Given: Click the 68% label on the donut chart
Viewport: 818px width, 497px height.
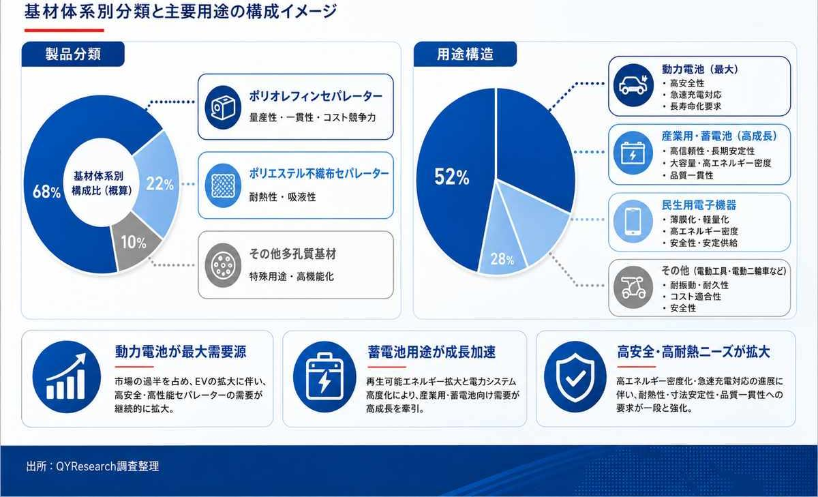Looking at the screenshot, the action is click(x=47, y=192).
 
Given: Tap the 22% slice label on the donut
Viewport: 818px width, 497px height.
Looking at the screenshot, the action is click(x=160, y=183).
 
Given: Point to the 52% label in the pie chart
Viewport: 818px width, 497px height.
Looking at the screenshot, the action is click(x=452, y=177).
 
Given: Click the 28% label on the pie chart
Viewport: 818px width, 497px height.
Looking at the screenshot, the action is click(x=502, y=259).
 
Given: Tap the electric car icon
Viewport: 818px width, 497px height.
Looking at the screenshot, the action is click(x=633, y=85).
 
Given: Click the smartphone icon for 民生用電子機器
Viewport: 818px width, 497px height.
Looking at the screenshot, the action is click(x=633, y=222).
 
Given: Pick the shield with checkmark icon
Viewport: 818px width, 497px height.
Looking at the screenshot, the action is click(x=575, y=377).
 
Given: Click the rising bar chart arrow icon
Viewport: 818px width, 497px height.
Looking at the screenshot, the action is click(x=67, y=377).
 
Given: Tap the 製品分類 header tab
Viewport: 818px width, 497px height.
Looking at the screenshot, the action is click(x=73, y=54).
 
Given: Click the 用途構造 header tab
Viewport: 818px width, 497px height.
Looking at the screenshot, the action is click(x=465, y=54).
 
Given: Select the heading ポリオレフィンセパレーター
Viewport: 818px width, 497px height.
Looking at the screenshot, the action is click(x=316, y=96).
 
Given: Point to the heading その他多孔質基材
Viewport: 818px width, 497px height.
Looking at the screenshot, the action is click(x=292, y=254).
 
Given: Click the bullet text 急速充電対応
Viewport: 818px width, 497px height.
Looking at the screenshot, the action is click(x=696, y=95).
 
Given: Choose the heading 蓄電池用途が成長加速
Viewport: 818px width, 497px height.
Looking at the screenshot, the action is click(x=431, y=352).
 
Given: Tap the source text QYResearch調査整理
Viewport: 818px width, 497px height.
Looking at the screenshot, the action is click(x=108, y=466).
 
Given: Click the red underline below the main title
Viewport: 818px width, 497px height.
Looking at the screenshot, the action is click(x=64, y=31).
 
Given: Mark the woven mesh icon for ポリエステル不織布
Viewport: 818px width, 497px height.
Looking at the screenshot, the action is click(x=223, y=185).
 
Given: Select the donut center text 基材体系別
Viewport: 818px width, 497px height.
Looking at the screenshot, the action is click(x=99, y=176).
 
